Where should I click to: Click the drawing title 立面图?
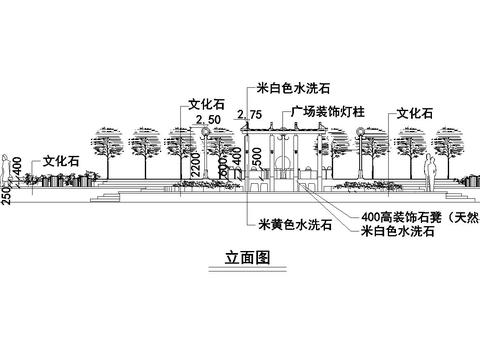245,257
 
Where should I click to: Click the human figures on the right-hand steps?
430,173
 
